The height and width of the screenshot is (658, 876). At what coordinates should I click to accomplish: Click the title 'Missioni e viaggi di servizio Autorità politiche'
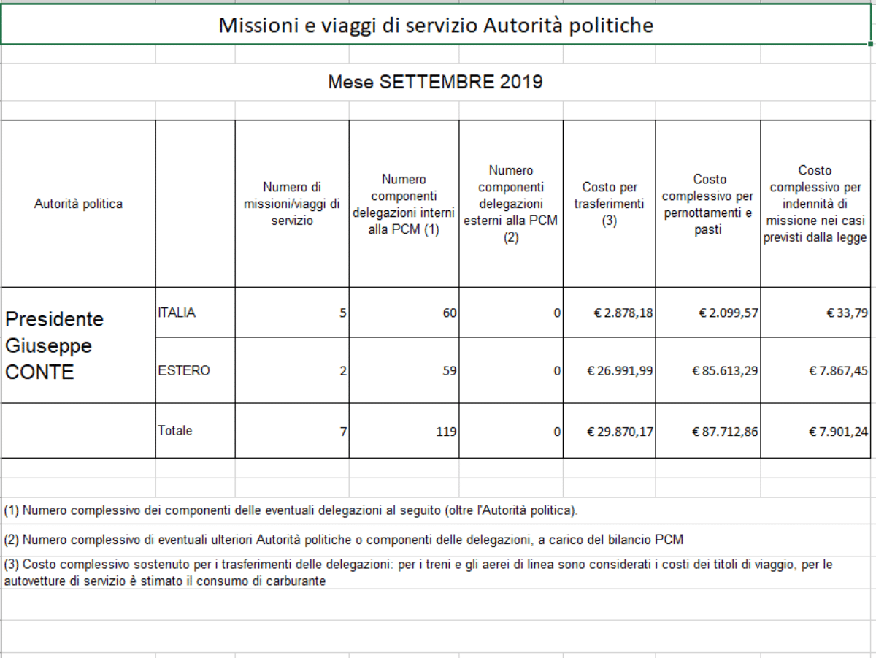tap(436, 26)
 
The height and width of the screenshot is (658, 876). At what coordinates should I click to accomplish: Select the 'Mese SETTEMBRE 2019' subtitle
tap(435, 82)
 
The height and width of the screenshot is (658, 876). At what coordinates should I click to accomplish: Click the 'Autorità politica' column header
tap(78, 204)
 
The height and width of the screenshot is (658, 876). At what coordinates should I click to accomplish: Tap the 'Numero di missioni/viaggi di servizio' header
tap(292, 204)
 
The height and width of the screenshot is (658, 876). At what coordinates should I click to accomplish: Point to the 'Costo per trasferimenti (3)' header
tap(609, 204)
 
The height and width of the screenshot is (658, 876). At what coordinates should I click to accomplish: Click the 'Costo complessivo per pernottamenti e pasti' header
tap(707, 204)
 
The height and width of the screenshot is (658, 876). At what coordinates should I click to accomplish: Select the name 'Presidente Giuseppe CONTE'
tap(55, 345)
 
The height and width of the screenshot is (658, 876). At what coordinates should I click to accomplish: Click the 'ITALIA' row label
tap(177, 313)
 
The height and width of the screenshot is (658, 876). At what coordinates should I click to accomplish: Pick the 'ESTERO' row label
tap(183, 370)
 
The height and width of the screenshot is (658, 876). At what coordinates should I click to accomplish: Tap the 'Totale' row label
tap(175, 431)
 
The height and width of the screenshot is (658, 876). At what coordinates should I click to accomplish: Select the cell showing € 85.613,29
tap(725, 371)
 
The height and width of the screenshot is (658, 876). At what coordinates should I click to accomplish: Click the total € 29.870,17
tap(620, 432)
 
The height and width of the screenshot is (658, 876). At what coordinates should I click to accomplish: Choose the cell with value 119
tap(446, 432)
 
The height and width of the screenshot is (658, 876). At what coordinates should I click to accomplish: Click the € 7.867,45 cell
tap(838, 371)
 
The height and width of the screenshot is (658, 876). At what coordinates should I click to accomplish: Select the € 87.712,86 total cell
tap(725, 432)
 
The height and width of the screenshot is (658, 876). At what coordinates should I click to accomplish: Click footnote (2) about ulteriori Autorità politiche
tap(343, 540)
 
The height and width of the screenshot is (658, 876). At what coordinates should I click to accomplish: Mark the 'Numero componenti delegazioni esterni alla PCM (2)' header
tap(511, 204)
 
